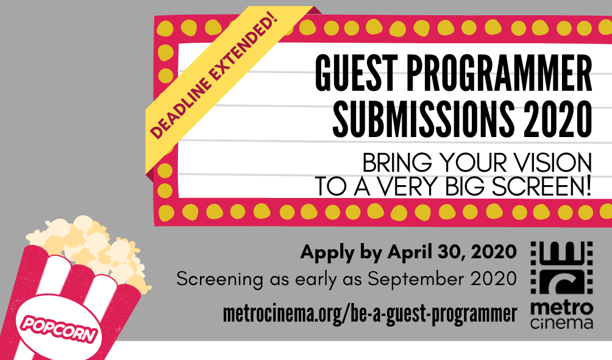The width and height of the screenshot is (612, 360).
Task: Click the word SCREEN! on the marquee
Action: pyautogui.click(x=541, y=186)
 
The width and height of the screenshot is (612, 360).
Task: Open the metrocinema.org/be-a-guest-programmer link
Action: pyautogui.click(x=369, y=314)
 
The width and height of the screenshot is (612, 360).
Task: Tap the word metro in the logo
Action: pyautogui.click(x=561, y=308)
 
